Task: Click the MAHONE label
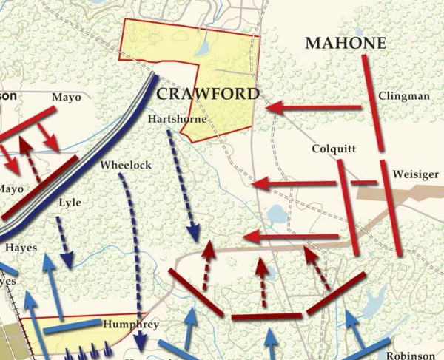pos(346,44)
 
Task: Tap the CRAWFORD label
pos(208,94)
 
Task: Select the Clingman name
pos(403,96)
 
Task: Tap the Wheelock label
pos(126,165)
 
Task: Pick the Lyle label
pos(70,203)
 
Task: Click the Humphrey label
pos(131,324)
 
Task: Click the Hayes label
pos(21,248)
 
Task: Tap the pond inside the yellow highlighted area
pos(202,50)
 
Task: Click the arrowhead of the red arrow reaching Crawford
pos(272,108)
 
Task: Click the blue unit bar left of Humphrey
pos(72,326)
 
